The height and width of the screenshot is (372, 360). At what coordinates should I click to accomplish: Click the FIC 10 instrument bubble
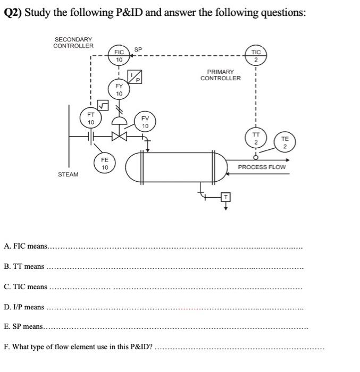119,56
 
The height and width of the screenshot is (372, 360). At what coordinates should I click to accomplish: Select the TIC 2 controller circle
256,56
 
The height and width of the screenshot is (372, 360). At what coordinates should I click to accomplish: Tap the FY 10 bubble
119,89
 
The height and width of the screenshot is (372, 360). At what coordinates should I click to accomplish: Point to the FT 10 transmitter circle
91,118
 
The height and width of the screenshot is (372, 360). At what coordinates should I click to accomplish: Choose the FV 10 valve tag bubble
145,122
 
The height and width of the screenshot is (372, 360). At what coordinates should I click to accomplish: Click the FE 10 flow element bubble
105,163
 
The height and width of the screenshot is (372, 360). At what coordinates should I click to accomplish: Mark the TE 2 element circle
284,142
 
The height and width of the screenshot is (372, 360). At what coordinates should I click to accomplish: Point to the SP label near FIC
138,50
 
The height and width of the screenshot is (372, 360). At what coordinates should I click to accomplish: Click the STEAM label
68,174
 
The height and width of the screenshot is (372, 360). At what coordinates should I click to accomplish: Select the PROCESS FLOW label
262,167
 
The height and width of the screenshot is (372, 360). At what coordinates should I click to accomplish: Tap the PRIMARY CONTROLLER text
220,75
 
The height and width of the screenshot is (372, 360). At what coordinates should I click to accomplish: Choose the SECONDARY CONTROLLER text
73,43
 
